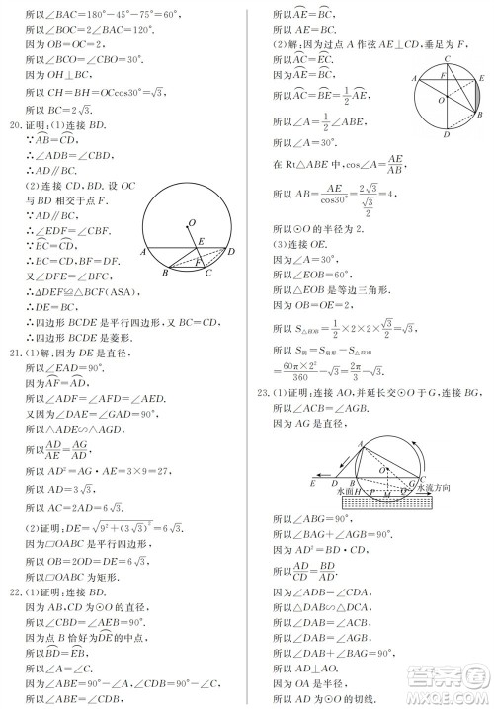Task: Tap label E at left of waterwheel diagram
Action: coord(313,483)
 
